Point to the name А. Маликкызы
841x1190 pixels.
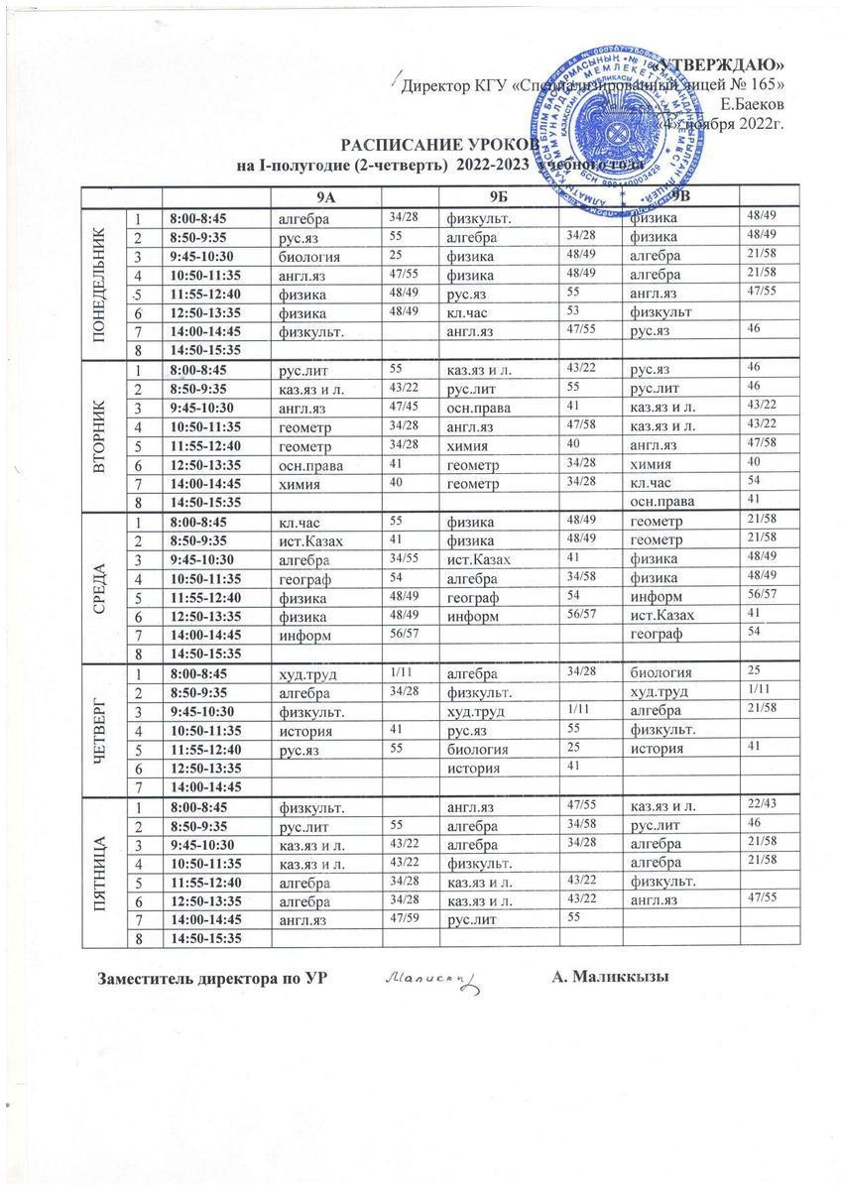pyautogui.click(x=610, y=977)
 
